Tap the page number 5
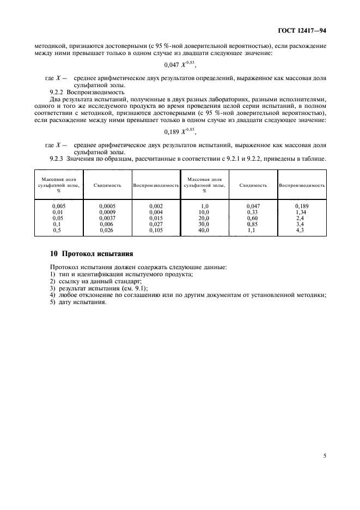(x=325, y=456)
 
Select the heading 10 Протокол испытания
(x=90, y=254)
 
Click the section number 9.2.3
(x=58, y=159)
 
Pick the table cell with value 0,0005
(x=107, y=205)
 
